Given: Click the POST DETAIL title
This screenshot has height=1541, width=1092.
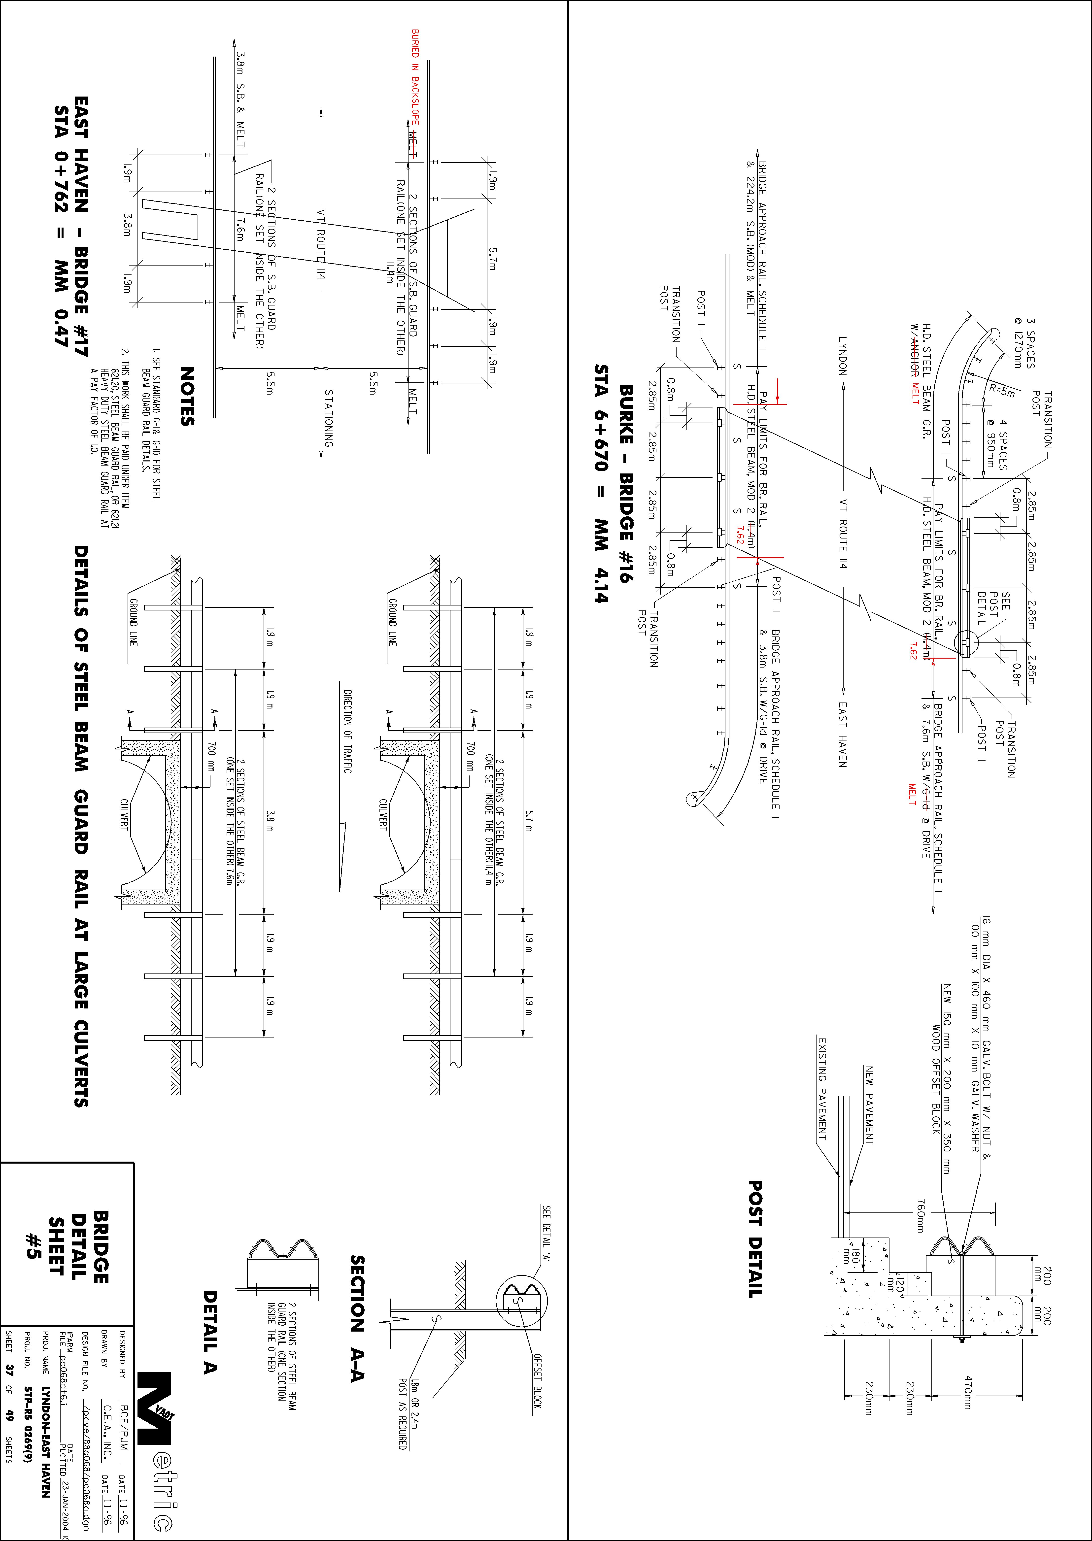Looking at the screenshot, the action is click(x=756, y=1239).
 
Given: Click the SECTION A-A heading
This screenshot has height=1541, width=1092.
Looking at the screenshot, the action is click(x=357, y=1318).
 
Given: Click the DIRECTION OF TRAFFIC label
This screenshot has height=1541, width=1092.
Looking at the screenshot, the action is click(x=348, y=732).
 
